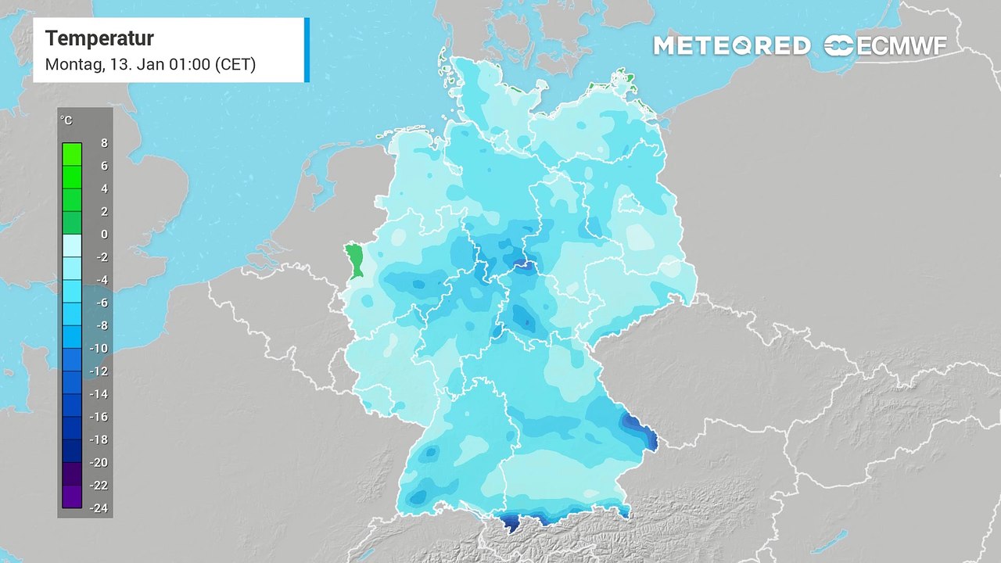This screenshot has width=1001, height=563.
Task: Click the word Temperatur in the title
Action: [x=99, y=38]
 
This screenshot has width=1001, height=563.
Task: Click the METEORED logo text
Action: [x=731, y=46]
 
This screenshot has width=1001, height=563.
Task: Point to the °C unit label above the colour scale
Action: [x=66, y=120]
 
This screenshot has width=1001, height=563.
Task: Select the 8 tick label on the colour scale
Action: [x=104, y=143]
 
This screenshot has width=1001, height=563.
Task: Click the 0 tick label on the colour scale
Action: [x=104, y=234]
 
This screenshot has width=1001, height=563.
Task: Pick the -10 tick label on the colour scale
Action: [x=99, y=348]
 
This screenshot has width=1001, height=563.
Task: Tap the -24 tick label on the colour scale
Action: [x=99, y=508]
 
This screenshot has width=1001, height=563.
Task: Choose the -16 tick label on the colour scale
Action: [x=99, y=417]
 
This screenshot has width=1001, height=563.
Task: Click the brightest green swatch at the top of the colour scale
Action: [x=72, y=154]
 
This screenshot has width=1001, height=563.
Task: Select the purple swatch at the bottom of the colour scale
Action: [x=72, y=496]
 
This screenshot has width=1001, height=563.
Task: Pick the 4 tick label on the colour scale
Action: [x=104, y=188]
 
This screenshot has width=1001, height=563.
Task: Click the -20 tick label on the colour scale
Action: [x=99, y=462]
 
